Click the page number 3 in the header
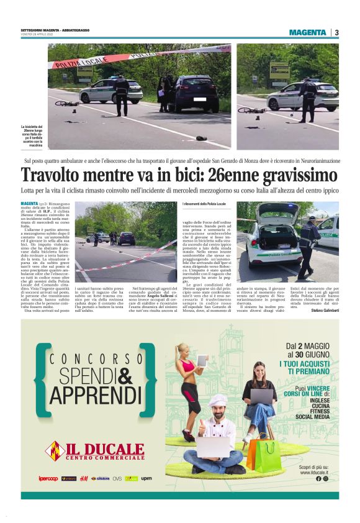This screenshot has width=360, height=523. [x=336, y=32]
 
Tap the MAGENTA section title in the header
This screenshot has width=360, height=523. [x=307, y=32]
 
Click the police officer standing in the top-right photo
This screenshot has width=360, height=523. [x=308, y=94]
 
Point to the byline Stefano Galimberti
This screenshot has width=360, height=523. [x=325, y=311]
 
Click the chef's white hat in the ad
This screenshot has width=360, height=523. [x=217, y=402]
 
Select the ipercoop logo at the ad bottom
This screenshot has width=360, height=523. [x=48, y=478]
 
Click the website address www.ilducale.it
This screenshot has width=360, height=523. [x=313, y=473]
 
